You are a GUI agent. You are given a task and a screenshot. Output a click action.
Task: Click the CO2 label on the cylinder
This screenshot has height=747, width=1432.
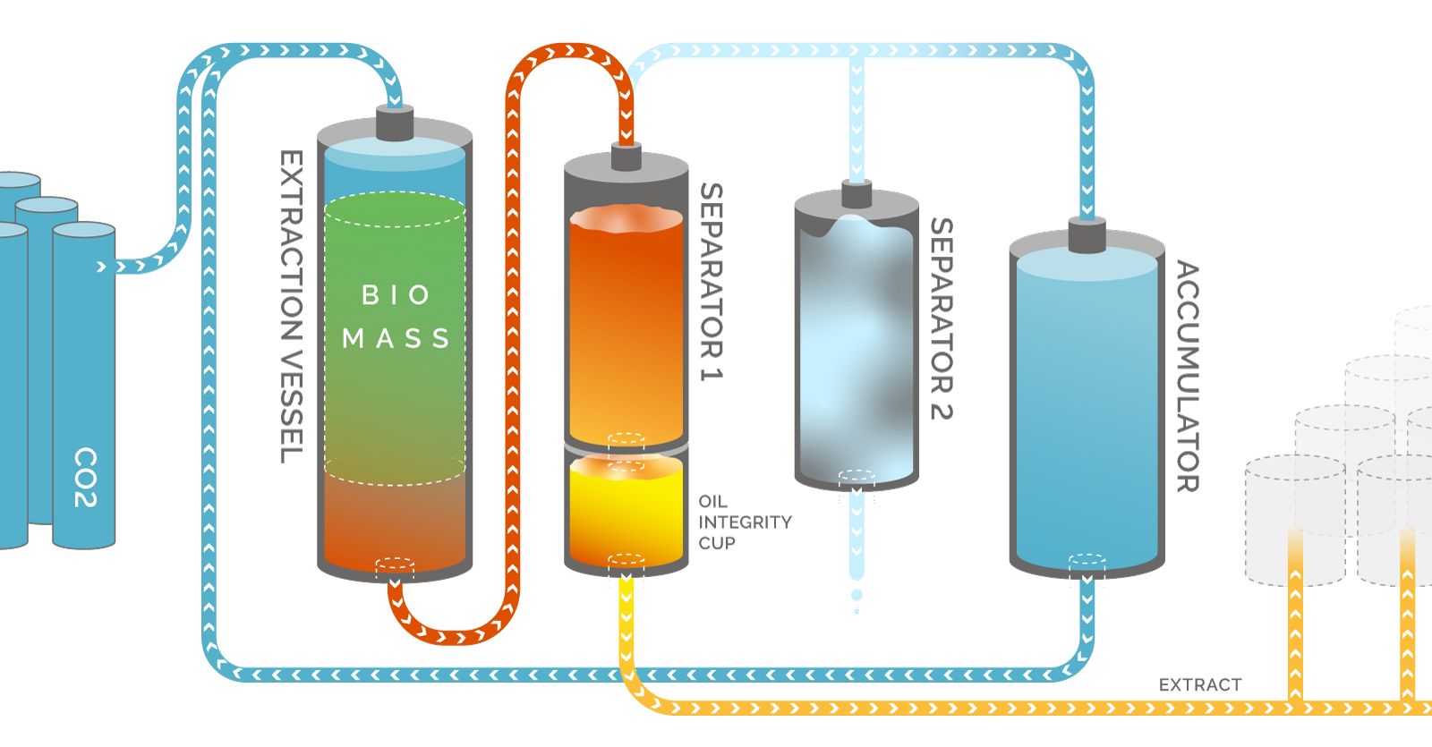pos(86,478)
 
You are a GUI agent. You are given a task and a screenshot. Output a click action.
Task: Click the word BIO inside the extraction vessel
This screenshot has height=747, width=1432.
pos(396,295)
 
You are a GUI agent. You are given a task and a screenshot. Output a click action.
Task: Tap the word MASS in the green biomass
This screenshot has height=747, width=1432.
pos(396,338)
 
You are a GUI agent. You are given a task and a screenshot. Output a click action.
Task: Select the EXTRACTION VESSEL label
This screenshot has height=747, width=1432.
pos(292,307)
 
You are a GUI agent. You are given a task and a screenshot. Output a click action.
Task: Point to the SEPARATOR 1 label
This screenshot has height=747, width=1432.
pos(712,282)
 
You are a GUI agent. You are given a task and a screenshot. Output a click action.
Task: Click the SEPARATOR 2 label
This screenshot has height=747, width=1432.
pos(942,318)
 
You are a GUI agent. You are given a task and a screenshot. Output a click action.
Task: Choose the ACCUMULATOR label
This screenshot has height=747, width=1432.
pos(1188,377)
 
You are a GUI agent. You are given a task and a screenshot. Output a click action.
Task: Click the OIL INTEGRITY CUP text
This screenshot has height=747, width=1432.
pos(745,522)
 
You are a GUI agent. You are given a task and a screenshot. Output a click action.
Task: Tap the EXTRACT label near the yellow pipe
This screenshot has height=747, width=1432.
pos(1200,684)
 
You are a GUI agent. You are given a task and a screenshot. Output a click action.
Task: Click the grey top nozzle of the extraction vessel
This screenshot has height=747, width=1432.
pos(395,122)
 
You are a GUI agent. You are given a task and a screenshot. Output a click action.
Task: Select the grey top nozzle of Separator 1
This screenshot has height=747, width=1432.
pos(626,156)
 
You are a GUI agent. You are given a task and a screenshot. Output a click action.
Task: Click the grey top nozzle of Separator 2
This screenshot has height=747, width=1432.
pos(857,193)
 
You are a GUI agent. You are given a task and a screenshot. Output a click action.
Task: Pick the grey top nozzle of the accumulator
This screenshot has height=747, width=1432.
pos(1087,234)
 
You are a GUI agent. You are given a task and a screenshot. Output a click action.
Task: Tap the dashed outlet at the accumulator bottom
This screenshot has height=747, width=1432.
pos(1087,563)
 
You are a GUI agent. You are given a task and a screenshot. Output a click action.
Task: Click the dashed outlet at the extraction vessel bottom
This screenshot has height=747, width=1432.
pos(395,567)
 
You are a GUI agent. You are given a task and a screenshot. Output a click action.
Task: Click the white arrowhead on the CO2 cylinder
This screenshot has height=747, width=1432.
pos(101,267)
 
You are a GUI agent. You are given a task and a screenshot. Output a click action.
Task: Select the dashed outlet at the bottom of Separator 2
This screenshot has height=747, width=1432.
pos(857,478)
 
